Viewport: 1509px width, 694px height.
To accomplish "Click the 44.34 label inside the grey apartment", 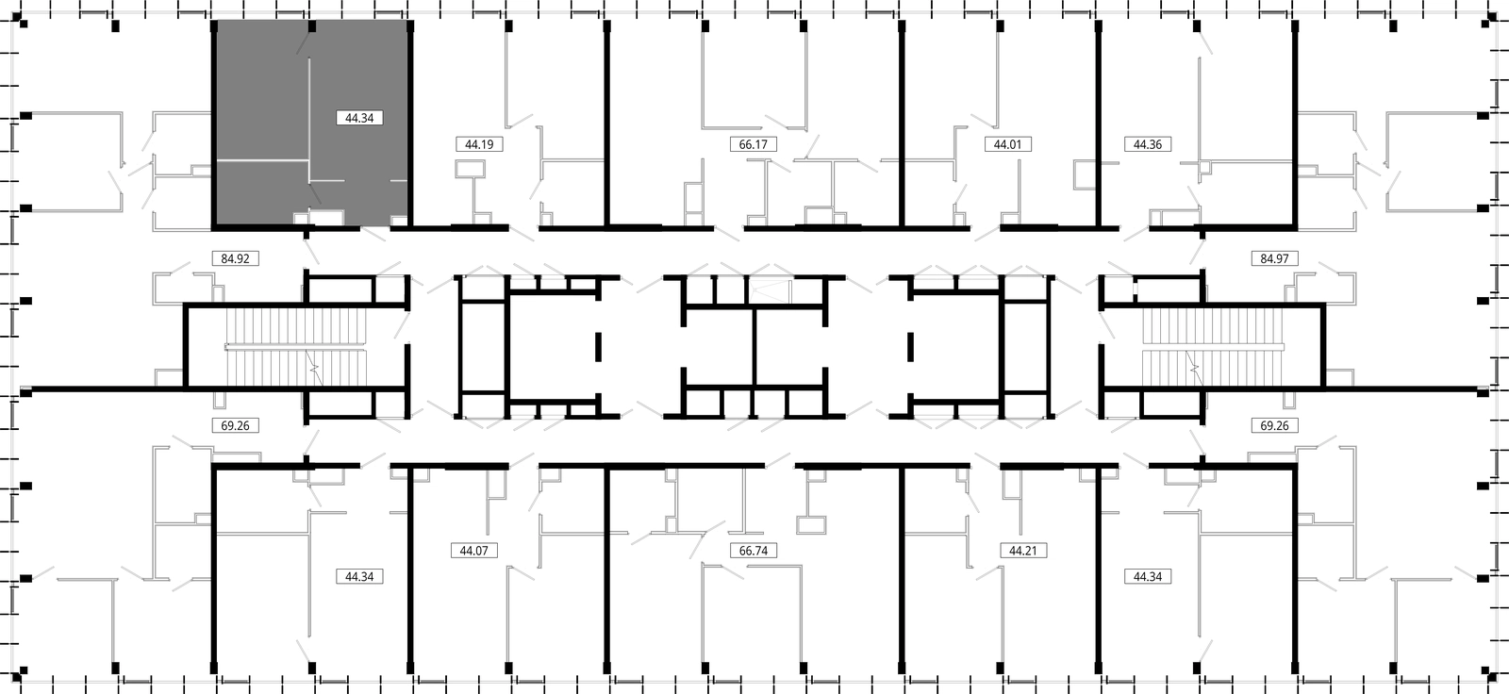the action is click(359, 118).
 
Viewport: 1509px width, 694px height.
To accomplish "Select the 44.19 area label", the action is click(479, 144).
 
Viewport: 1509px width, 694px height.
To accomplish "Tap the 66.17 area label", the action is click(754, 144).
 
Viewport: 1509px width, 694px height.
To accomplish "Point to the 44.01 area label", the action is click(1007, 144).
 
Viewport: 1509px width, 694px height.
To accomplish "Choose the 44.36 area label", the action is click(1147, 144).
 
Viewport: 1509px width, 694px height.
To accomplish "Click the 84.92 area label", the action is click(235, 258).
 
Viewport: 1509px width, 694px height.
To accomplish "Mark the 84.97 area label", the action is click(1274, 258).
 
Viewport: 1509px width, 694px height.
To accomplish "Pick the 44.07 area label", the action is click(473, 551).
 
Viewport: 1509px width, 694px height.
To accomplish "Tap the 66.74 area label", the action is click(754, 551).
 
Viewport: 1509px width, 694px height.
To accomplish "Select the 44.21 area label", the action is click(1022, 551).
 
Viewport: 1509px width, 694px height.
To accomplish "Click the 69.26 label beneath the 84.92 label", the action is click(235, 426).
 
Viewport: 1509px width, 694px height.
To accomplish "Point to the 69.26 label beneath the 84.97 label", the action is click(1274, 426).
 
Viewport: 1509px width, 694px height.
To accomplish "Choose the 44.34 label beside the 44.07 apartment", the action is click(359, 577).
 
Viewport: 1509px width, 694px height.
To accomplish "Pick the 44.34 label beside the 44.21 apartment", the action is click(1147, 577).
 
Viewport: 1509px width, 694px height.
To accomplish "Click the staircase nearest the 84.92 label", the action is click(296, 347).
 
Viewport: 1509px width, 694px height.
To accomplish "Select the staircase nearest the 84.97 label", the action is click(1213, 347).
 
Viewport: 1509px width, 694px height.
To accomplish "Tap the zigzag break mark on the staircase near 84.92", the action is click(313, 368).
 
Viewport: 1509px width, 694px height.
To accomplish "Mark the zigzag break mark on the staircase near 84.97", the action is click(1194, 368).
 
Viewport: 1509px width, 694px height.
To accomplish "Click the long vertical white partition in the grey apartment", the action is click(309, 120).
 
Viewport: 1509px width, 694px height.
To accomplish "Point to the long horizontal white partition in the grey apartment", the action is click(263, 160).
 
